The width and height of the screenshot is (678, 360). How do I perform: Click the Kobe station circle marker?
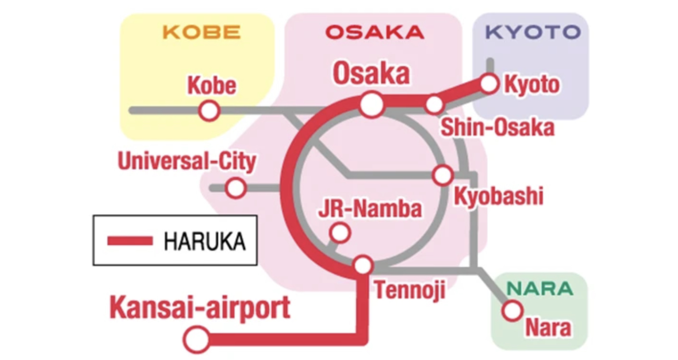coord(209,111)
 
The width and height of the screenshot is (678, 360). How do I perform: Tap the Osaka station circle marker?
coord(372,105)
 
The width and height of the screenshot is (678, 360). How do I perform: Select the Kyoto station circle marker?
coord(489,84)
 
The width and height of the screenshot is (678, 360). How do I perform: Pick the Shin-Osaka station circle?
coord(434,104)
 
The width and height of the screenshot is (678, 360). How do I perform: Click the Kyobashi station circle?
coord(442,175)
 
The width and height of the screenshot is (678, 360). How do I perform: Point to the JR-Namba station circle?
coord(340,233)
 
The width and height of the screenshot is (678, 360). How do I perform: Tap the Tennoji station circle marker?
coord(363,265)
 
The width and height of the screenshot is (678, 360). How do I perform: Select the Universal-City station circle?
coord(236,188)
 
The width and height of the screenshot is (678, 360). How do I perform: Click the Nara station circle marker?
coord(512,310)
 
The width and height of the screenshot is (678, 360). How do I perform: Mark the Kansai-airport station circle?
coord(197,340)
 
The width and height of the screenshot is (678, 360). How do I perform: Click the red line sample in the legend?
coord(130,241)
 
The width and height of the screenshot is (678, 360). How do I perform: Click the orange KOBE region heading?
coord(202,32)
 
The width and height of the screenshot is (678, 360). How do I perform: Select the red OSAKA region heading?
coord(374,32)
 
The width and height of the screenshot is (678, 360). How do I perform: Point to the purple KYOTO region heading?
coord(533,32)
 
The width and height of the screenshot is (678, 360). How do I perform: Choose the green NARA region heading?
coord(540,289)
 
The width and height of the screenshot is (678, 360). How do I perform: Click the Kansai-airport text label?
coord(200,307)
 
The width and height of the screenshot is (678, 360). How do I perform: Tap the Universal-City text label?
coord(187,162)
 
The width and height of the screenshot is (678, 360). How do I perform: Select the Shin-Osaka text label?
coord(497,127)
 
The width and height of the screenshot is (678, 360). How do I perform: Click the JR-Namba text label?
coord(370,209)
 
